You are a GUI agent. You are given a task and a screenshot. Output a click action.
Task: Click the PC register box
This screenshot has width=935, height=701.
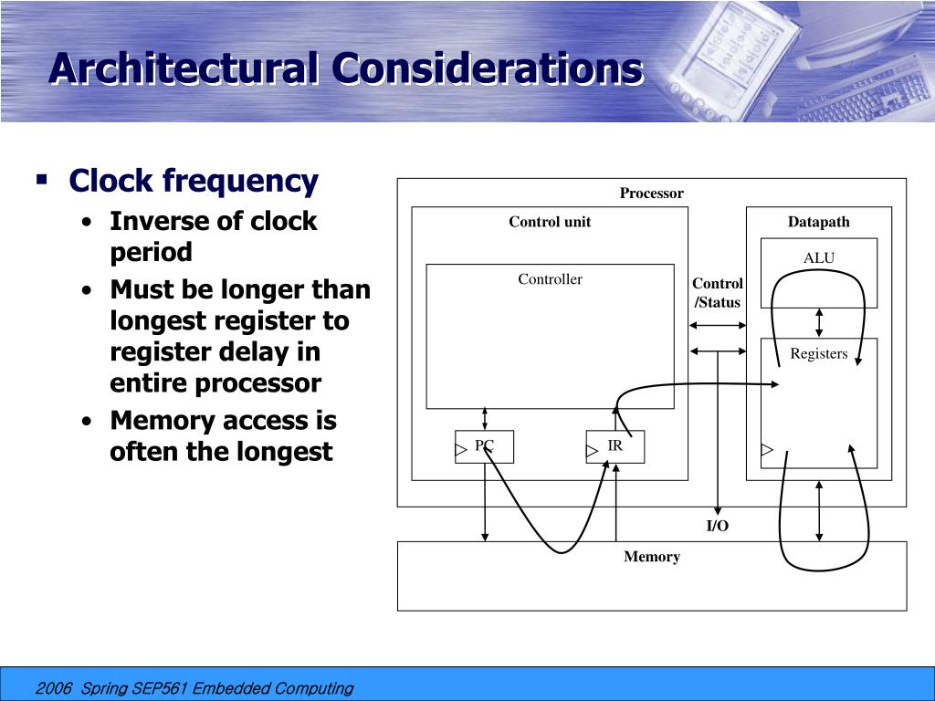(484, 446)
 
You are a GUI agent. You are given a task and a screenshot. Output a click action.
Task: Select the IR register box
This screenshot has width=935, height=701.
(615, 446)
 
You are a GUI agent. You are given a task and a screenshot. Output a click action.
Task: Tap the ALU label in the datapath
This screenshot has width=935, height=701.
(818, 258)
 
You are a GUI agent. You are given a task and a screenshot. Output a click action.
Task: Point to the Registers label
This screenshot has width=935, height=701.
(818, 354)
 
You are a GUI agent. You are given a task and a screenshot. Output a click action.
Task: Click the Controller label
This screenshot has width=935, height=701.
(550, 280)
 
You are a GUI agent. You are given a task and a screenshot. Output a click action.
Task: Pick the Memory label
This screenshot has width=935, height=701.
(652, 557)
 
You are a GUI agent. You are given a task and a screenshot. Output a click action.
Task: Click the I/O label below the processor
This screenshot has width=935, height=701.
(718, 527)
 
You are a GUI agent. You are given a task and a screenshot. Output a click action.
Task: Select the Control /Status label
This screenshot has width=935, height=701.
(718, 293)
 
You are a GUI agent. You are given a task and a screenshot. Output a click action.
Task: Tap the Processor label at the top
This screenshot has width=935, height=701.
(652, 194)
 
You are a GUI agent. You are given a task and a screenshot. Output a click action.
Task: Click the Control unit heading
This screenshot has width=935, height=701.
(550, 222)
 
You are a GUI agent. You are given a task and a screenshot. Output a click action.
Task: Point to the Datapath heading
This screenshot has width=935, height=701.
(818, 222)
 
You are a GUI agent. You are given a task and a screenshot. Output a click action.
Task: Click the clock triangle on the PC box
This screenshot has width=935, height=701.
(461, 449)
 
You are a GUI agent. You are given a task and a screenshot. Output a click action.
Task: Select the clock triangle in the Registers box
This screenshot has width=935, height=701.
(767, 449)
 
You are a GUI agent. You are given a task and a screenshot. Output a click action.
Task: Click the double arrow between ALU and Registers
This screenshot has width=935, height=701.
(819, 322)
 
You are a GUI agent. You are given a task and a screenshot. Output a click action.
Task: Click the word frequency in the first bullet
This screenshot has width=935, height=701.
(240, 182)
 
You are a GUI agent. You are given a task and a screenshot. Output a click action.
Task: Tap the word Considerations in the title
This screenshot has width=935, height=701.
(487, 69)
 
